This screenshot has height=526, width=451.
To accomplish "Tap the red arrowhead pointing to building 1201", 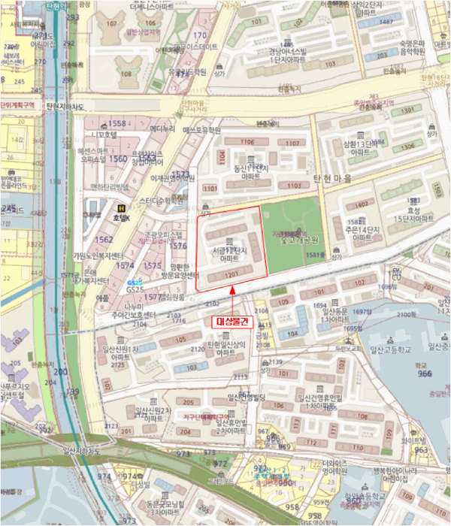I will point(234,288).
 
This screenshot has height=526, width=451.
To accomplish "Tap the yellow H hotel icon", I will point(119,208).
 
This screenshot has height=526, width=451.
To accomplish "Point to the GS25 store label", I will point(135,288).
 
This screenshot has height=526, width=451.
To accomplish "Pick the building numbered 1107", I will point(294,143).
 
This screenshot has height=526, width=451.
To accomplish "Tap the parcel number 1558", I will point(118,122).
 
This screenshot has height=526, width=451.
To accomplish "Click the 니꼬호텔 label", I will point(101,135).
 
